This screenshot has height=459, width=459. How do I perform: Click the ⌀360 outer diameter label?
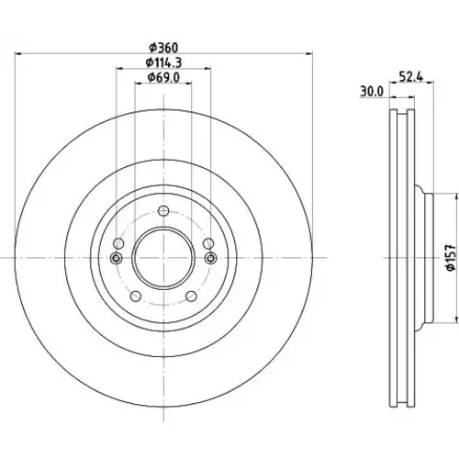163,48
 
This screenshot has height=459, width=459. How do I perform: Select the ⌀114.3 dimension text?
163,62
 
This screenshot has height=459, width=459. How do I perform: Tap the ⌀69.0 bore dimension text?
163,78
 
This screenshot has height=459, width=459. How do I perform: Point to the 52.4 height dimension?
411,77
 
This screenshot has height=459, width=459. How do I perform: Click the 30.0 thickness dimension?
372,92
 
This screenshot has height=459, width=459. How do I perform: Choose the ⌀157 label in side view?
451,257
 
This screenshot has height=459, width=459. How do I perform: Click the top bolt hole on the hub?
163,211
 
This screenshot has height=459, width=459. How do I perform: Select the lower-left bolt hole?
136,297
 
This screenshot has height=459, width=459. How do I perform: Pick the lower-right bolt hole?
191,297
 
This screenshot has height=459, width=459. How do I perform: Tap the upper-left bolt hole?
118,244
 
